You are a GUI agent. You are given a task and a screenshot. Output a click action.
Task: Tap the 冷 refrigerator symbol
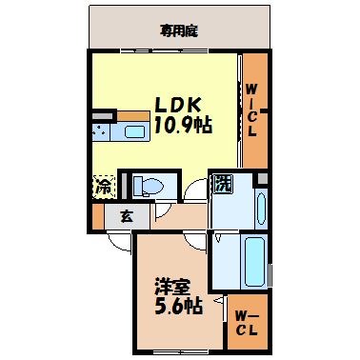click(102, 188)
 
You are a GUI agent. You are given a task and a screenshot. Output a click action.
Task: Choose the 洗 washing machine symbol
click(221, 183)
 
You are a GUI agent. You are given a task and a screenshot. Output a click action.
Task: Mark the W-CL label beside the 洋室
click(246, 322)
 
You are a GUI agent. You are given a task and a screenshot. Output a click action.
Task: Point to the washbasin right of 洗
click(260, 203)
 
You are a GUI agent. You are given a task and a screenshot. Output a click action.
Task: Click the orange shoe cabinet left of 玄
click(99, 216)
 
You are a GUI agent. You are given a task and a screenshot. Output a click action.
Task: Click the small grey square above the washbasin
click(260, 178)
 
